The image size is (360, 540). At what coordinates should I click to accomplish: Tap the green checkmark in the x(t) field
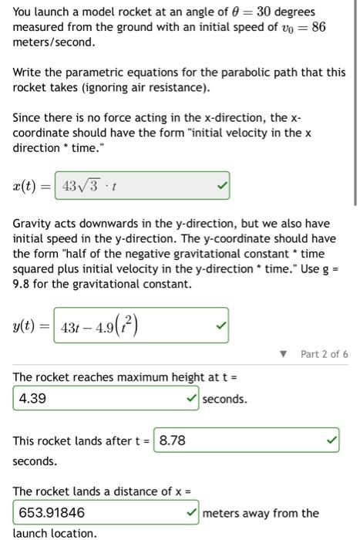pos(220,187)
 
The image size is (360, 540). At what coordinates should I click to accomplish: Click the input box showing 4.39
pos(100,399)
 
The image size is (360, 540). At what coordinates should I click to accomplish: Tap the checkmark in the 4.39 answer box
pos(191,399)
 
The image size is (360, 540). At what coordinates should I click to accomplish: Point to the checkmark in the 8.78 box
pos(331,440)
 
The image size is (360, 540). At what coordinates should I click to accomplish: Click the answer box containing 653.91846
pos(100,512)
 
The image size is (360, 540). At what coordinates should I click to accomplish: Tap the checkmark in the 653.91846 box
pos(191,512)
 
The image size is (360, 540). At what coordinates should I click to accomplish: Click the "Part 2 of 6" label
pos(325,354)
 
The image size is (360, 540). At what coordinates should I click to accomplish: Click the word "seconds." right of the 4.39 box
pos(225,399)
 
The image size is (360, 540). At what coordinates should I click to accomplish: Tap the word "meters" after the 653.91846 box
pos(221,512)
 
